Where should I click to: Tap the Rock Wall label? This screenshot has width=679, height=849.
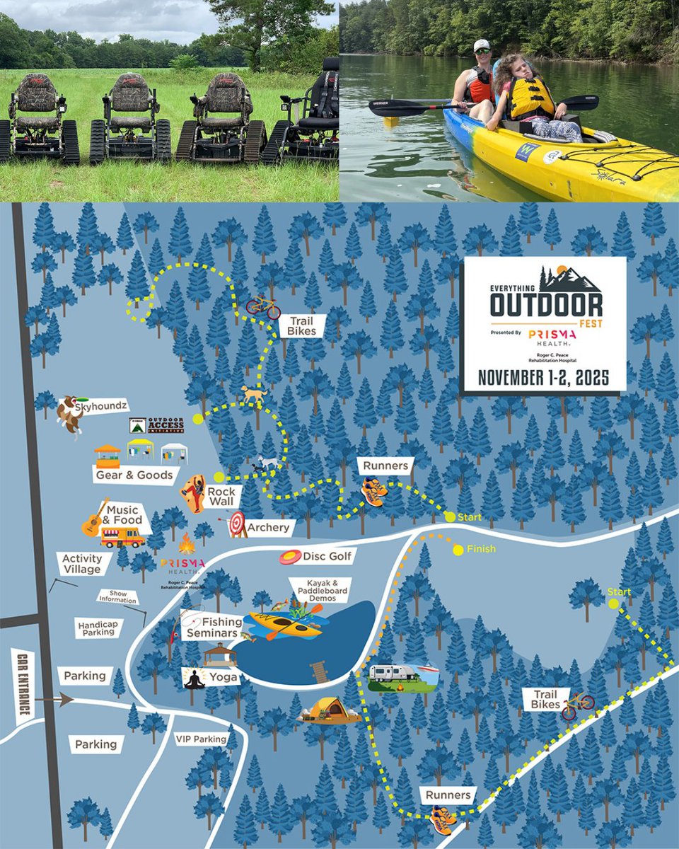(221, 496)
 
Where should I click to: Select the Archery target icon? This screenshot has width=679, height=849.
(236, 524)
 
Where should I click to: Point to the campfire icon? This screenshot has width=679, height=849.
(187, 543)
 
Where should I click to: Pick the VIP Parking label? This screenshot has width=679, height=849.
(200, 740)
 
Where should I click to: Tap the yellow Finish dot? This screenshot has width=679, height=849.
(458, 550)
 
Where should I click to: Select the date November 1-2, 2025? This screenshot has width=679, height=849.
(543, 378)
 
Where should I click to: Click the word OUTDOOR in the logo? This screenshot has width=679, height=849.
(547, 305)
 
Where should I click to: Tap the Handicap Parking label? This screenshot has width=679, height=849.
(98, 627)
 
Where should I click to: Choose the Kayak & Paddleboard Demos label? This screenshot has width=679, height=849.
(320, 589)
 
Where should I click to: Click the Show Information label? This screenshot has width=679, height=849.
(117, 597)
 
